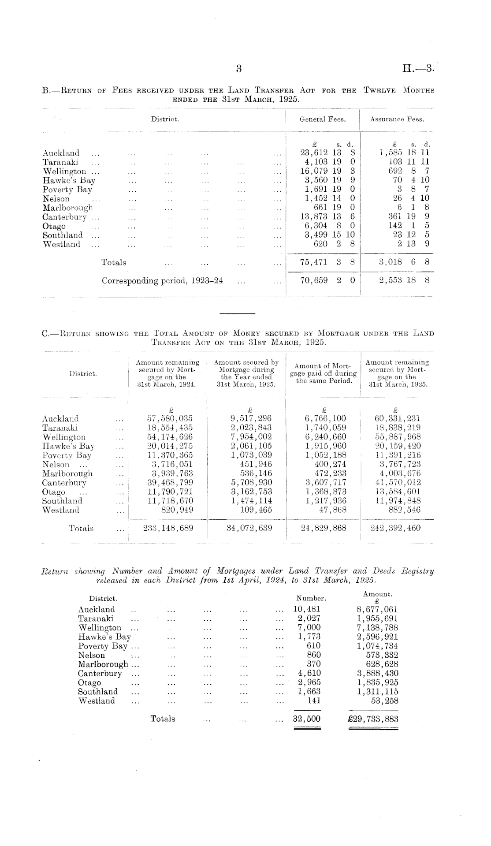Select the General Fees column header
pyautogui.click(x=323, y=119)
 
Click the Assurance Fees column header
pyautogui.click(x=397, y=119)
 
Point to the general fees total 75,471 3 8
pyautogui.click(x=327, y=262)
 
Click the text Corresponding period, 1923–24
pyautogui.click(x=162, y=281)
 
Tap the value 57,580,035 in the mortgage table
pyautogui.click(x=170, y=418)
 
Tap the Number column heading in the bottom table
pyautogui.click(x=311, y=598)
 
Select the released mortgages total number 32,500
pyautogui.click(x=307, y=719)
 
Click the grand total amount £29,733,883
pyautogui.click(x=373, y=719)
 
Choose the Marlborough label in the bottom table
pyautogui.click(x=103, y=664)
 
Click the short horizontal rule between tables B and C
pyautogui.click(x=237, y=313)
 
